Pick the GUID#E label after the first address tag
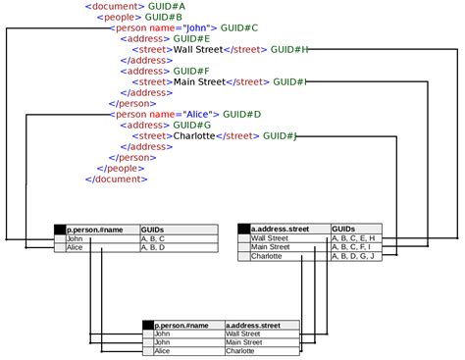click(x=191, y=38)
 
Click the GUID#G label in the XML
click(x=191, y=125)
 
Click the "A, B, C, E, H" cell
click(x=353, y=238)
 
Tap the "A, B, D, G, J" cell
click(x=352, y=256)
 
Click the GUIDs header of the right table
click(x=344, y=229)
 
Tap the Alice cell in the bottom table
click(x=163, y=351)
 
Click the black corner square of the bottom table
click(x=148, y=325)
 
